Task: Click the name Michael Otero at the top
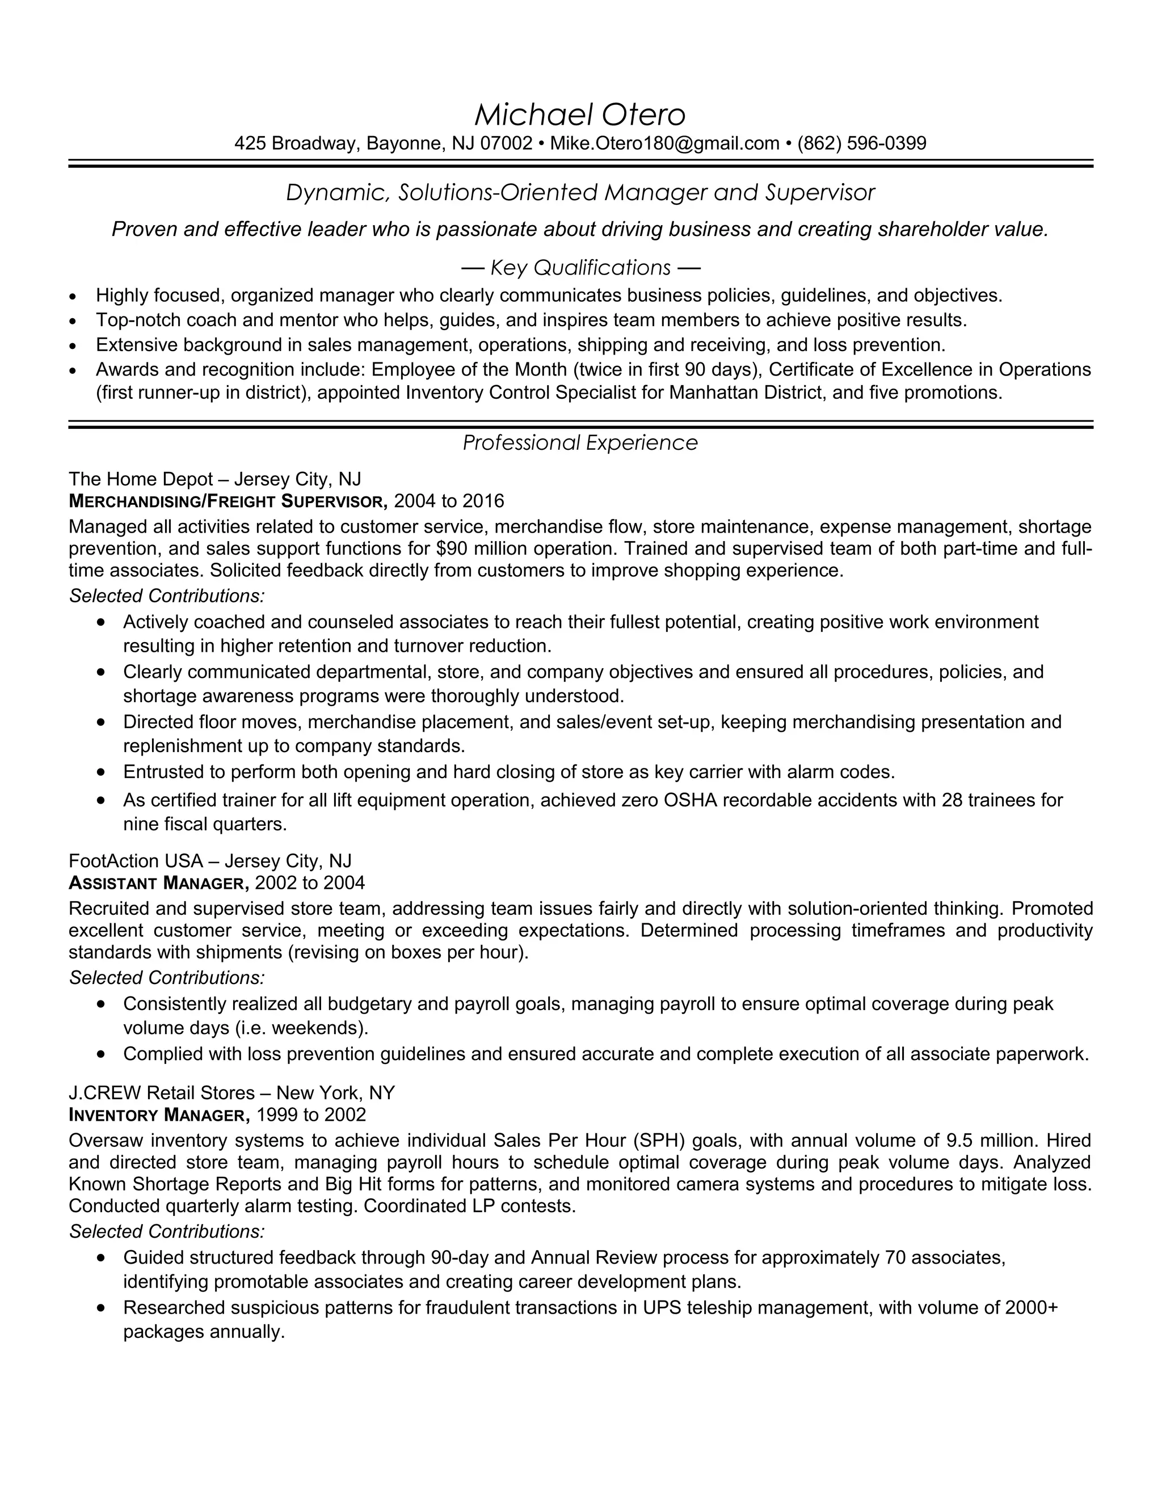pos(580,115)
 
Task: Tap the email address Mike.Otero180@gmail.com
pos(664,143)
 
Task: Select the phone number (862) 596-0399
pos(861,143)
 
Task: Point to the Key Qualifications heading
pos(580,267)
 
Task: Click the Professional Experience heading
pos(580,442)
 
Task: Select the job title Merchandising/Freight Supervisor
pos(228,501)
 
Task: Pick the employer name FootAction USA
pos(136,861)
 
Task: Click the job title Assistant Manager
pos(158,883)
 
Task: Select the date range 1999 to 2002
pos(311,1115)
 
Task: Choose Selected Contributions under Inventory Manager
pos(167,1231)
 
